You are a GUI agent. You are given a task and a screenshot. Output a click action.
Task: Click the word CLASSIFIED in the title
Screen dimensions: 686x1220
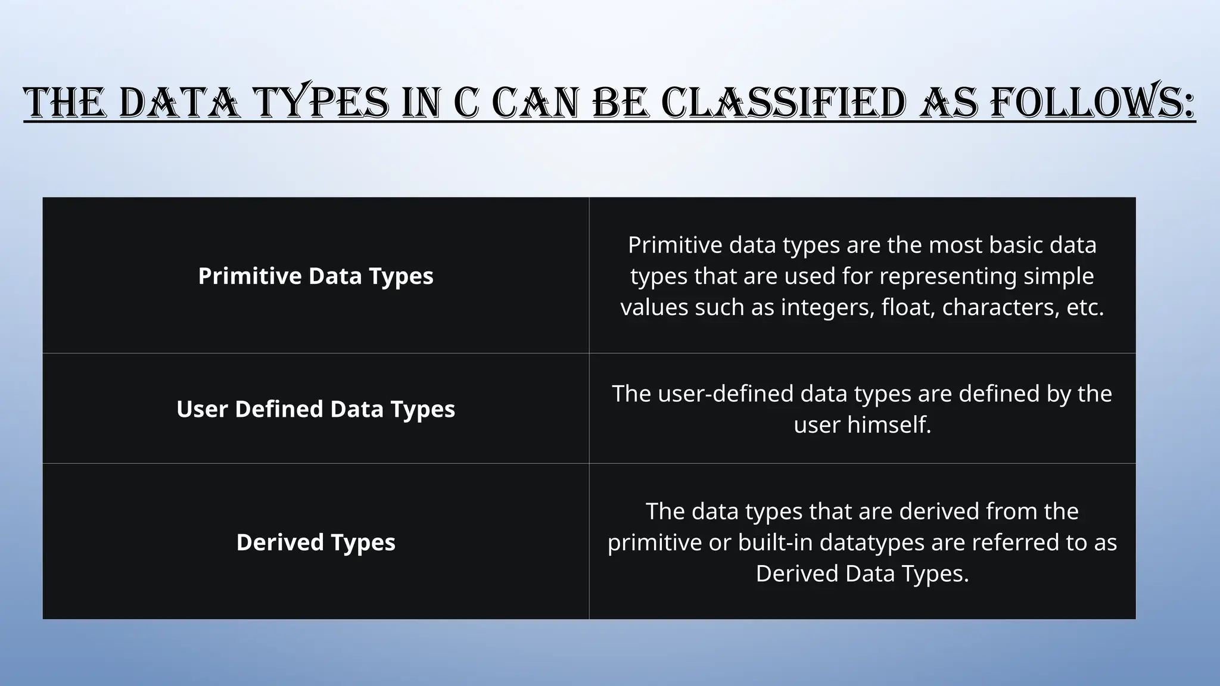785,102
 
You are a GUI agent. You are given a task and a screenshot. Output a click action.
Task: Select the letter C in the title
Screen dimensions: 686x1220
466,102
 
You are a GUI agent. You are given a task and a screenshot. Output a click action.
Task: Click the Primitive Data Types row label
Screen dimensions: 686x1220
316,276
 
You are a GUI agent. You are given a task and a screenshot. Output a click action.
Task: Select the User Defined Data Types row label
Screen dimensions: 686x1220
316,409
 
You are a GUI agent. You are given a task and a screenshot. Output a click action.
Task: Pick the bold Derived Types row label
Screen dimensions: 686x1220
316,542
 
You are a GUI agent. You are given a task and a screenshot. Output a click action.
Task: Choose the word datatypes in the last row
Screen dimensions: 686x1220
872,542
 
